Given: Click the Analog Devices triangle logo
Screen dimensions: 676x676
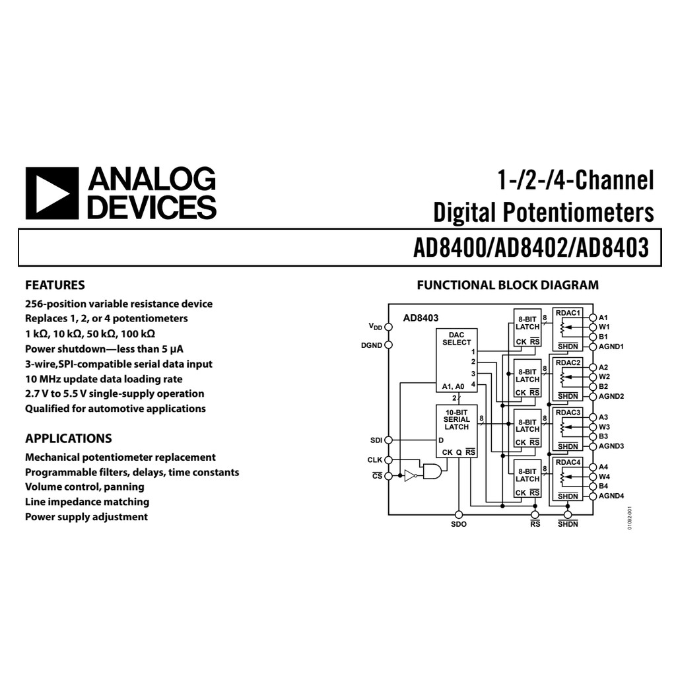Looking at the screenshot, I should point(51,193).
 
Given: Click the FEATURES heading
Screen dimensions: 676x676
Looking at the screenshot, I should point(55,285).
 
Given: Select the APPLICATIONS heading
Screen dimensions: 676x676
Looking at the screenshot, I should point(69,438).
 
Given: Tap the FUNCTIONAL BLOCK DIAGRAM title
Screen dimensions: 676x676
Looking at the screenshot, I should point(508,285).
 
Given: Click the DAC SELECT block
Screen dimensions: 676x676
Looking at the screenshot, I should point(457,356).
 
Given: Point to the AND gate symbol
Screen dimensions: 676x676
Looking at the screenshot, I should point(432,471).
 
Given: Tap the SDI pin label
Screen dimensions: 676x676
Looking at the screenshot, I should point(376,440).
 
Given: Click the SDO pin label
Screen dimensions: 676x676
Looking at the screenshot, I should point(459,524).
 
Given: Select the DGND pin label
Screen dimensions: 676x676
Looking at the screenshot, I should point(372,345).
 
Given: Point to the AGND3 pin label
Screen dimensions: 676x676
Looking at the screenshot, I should point(611,446).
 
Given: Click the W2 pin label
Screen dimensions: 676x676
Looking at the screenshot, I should point(605,377).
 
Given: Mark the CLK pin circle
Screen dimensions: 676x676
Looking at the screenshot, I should point(388,459).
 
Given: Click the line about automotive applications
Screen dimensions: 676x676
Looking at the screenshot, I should point(116,409).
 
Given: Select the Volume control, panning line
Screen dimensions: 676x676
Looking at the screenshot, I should point(84,487).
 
